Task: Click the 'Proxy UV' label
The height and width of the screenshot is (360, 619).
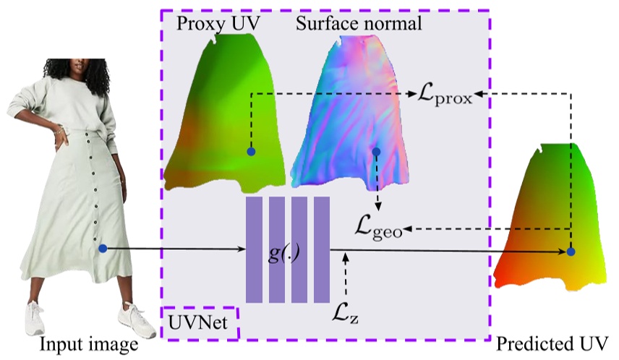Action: pyautogui.click(x=218, y=25)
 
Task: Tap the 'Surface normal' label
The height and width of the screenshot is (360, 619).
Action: pyautogui.click(x=358, y=25)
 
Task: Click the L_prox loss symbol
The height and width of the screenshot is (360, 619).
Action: pyautogui.click(x=445, y=95)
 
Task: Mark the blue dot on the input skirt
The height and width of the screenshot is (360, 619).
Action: pyautogui.click(x=103, y=249)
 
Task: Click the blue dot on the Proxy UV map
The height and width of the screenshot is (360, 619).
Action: pyautogui.click(x=251, y=152)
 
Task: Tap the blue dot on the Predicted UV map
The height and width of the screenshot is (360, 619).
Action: pyautogui.click(x=571, y=252)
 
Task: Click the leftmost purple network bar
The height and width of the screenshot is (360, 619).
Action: pyautogui.click(x=254, y=249)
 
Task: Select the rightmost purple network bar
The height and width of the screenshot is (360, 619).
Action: pyautogui.click(x=322, y=249)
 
